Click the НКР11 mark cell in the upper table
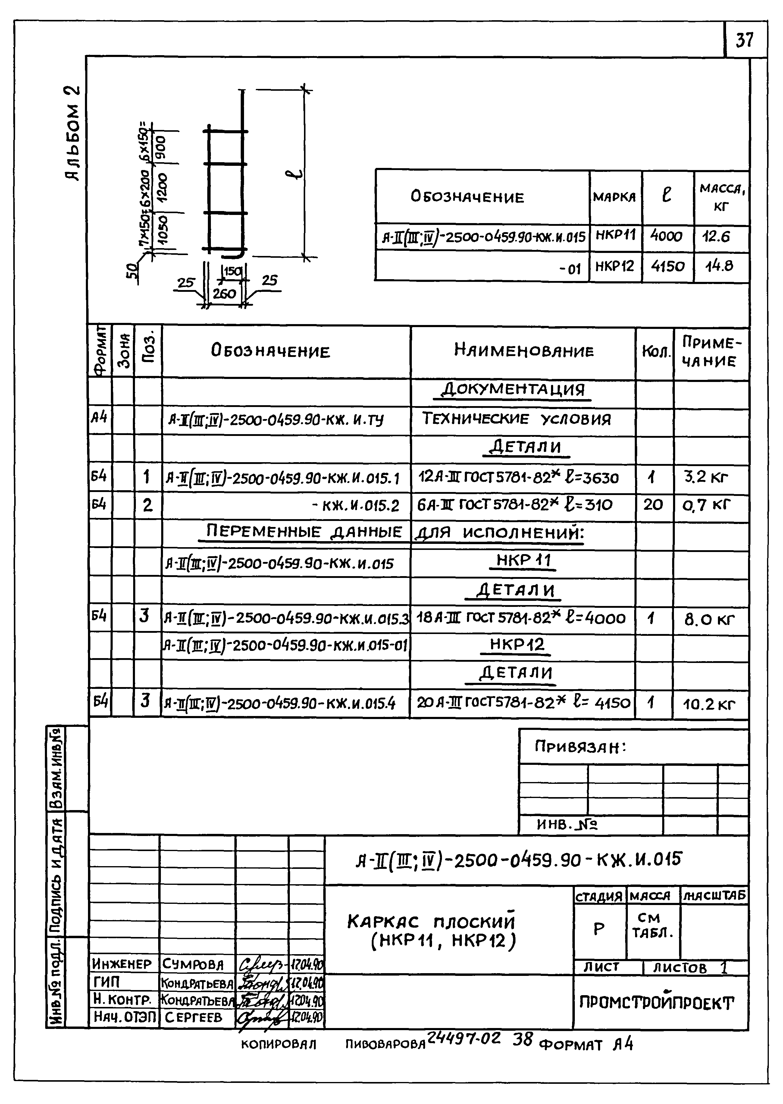(x=616, y=235)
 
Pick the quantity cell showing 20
(x=653, y=505)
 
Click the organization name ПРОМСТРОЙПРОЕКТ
(x=656, y=1003)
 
